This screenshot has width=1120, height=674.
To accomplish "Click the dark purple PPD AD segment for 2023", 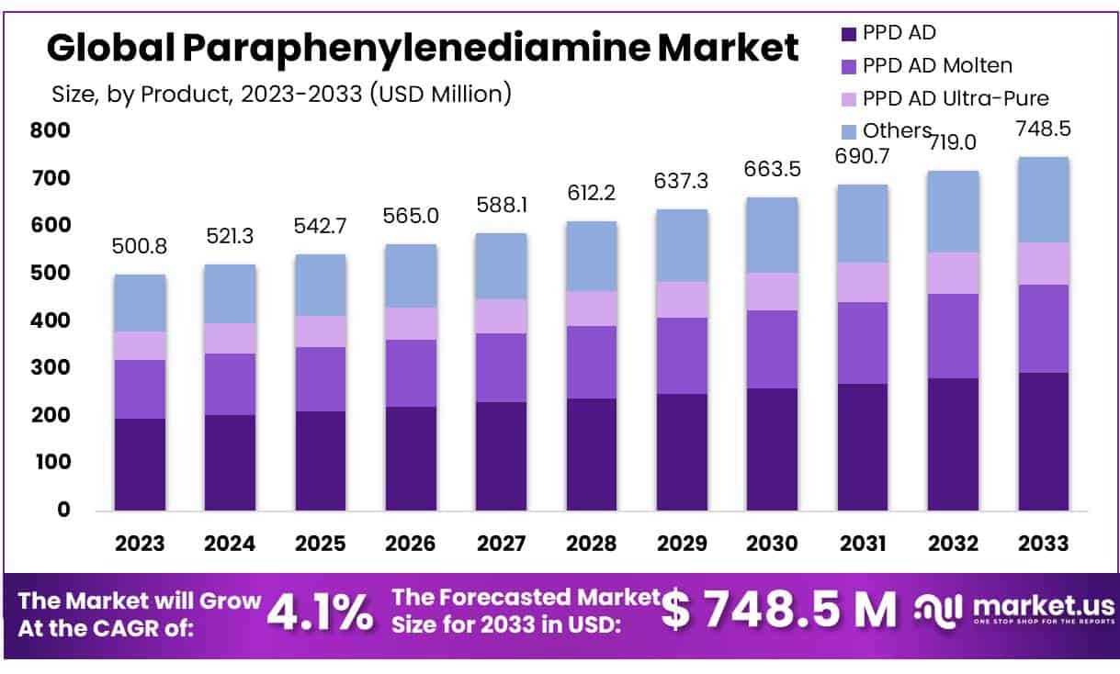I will coord(140,464).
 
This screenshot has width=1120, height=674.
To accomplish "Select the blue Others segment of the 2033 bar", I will coord(1043,199).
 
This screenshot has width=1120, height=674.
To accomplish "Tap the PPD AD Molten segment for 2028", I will coord(592,362).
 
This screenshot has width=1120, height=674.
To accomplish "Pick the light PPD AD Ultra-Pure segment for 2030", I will coord(772,291).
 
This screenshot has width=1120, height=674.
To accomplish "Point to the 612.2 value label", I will coord(592,195).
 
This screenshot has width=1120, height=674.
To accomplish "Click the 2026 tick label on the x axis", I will coord(411,543).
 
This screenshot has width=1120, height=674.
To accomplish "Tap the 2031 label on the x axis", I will coord(862,543).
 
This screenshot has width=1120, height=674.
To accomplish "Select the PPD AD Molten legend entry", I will coord(937,65).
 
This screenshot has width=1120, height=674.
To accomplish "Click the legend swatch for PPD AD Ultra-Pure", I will coord(849,98).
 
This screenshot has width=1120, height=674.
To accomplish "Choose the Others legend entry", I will coord(897,130).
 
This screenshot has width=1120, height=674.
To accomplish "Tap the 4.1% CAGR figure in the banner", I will coord(320,612).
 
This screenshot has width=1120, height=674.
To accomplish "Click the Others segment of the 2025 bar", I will coord(321,285).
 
